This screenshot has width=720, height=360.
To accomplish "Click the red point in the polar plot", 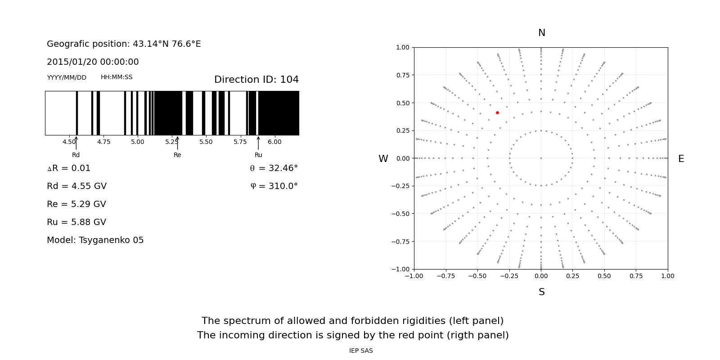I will (497, 112).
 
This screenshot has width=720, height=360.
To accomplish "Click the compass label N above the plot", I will (541, 33).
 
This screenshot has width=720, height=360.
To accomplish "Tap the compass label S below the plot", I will (541, 292).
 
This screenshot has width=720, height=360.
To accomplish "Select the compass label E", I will (681, 159).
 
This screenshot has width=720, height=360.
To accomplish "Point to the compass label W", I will (383, 159).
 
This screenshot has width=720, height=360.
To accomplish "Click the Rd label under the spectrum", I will (76, 155).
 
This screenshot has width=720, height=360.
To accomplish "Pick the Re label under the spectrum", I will (177, 155).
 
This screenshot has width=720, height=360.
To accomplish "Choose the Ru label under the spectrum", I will (258, 155).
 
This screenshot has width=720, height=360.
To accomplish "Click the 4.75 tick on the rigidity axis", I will (103, 142).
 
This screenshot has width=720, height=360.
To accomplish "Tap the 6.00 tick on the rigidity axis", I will (274, 142).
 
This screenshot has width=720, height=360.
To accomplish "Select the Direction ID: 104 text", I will (256, 80).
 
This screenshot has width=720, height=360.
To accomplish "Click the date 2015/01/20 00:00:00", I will (93, 62).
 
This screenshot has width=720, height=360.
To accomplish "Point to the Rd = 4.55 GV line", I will (76, 186).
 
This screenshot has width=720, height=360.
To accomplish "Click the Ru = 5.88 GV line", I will (76, 222).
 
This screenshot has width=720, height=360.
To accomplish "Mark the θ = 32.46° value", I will (274, 168).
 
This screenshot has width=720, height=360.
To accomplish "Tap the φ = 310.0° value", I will (274, 186).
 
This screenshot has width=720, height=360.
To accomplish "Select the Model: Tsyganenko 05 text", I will (95, 240).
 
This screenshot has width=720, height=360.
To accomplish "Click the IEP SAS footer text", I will (361, 351).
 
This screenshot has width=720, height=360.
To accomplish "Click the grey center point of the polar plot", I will (541, 158).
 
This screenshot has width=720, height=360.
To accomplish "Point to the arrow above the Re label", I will (177, 143).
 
